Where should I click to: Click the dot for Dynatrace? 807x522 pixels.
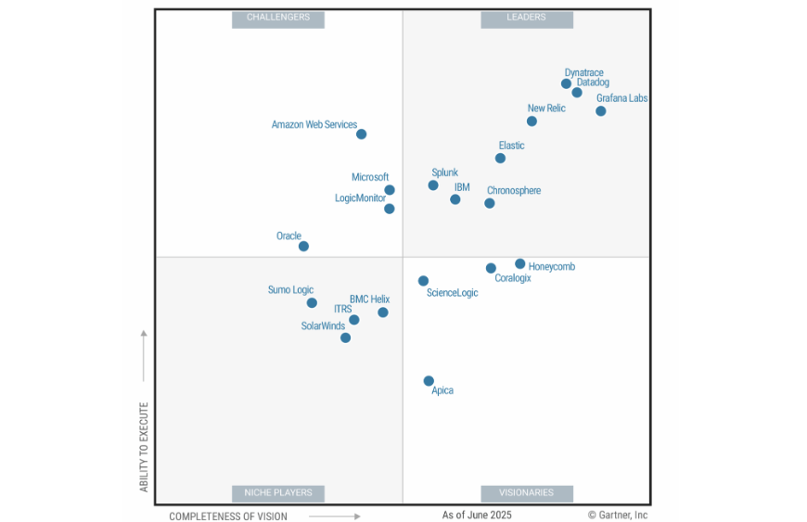pos(566,83)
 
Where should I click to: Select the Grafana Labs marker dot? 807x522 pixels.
pos(600,111)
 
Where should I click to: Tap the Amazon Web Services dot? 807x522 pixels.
pos(361,134)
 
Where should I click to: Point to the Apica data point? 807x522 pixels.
pos(429,381)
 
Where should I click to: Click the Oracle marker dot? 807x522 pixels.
pos(303,247)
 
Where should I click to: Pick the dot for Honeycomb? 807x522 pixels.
pos(519,264)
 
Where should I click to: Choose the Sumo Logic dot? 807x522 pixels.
pos(312,303)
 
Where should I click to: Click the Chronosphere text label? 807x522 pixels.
pos(513,191)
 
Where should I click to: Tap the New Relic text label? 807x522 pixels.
pos(546,108)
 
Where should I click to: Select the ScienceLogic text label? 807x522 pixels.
pos(452,293)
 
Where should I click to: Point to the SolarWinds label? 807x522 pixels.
pos(323,326)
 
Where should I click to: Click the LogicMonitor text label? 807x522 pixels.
pos(360,198)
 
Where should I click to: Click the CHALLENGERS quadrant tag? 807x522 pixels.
pos(278,18)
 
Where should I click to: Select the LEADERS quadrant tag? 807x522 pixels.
pos(526,18)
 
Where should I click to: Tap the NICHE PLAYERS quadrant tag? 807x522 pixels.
pos(278,492)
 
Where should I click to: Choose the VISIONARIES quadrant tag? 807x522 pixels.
pos(526,492)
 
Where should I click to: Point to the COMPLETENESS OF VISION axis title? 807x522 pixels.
pos(228,516)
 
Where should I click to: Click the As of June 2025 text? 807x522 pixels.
pos(477,515)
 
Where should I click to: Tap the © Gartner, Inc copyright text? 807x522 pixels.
pos(617,515)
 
